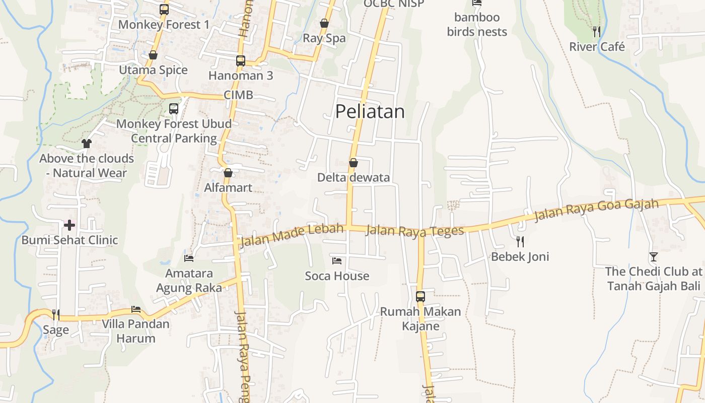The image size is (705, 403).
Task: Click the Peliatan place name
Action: [370, 111]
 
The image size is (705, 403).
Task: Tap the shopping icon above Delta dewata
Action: [354, 163]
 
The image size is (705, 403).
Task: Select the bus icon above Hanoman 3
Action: [241, 61]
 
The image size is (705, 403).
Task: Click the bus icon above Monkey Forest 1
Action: [164, 10]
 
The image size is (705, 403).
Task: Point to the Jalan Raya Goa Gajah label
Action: [596, 210]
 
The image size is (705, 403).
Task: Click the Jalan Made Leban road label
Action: [292, 235]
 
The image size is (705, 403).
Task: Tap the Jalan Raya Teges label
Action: [414, 231]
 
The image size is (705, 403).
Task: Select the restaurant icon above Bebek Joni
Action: [520, 242]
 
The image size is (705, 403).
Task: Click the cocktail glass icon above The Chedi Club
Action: [653, 257]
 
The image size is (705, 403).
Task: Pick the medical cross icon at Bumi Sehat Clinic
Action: [69, 225]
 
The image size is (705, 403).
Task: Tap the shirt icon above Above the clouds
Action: [87, 144]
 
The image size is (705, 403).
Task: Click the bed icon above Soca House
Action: [337, 261]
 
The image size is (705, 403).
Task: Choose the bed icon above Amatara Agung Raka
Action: [189, 258]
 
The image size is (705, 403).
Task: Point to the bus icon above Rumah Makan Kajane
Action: [420, 297]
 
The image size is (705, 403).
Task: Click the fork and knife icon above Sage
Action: [55, 315]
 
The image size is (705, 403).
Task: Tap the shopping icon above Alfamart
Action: [228, 173]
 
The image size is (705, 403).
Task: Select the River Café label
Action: [597, 47]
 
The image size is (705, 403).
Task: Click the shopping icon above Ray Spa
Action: [324, 23]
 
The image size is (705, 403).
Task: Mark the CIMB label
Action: [238, 95]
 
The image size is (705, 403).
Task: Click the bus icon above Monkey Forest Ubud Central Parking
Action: [174, 108]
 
